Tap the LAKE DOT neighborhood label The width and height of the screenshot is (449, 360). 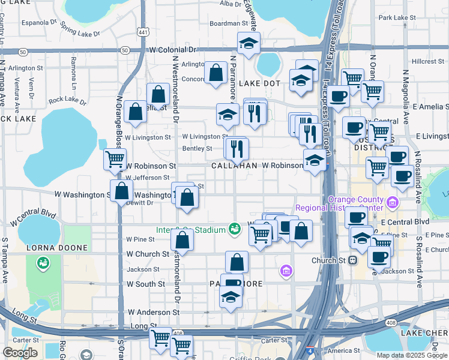point(259,83)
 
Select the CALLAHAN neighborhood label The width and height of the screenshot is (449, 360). point(234,165)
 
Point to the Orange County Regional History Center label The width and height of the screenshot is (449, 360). point(355,203)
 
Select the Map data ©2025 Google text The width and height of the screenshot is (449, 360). point(411,355)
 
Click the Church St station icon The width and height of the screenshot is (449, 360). point(353,260)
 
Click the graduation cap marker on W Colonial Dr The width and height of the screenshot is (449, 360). point(247,43)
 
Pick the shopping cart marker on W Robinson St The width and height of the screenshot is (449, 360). point(114,160)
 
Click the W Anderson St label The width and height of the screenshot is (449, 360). point(154,313)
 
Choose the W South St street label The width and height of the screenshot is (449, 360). point(145,284)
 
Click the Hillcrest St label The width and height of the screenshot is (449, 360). point(427,61)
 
